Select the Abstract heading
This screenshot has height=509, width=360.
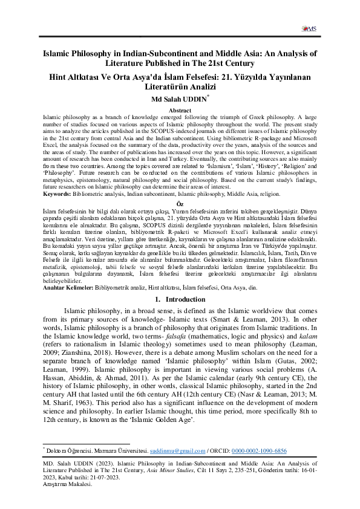click(180, 111)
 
